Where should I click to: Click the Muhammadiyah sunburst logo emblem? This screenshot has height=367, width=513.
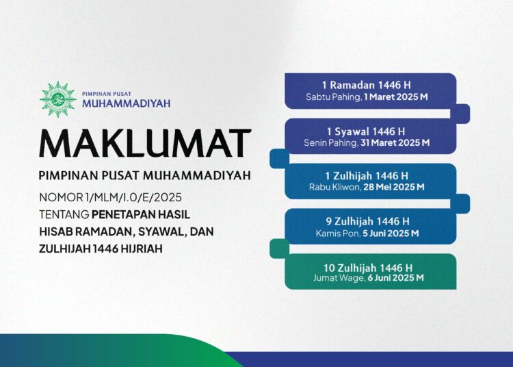coord(57,99)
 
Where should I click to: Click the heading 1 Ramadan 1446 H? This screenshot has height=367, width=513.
coord(370,85)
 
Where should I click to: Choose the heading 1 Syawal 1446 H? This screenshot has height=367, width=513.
coord(370,130)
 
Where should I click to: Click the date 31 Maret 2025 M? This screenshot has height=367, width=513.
coord(396,143)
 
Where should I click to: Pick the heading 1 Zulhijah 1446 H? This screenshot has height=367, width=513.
coord(370,175)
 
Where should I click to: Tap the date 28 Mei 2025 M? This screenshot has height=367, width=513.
coord(395,187)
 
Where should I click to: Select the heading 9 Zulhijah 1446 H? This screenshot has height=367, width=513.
coord(370,220)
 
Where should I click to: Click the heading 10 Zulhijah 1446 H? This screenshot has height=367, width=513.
coord(370,266)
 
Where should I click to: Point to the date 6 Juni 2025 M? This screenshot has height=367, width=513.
coord(396,278)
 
